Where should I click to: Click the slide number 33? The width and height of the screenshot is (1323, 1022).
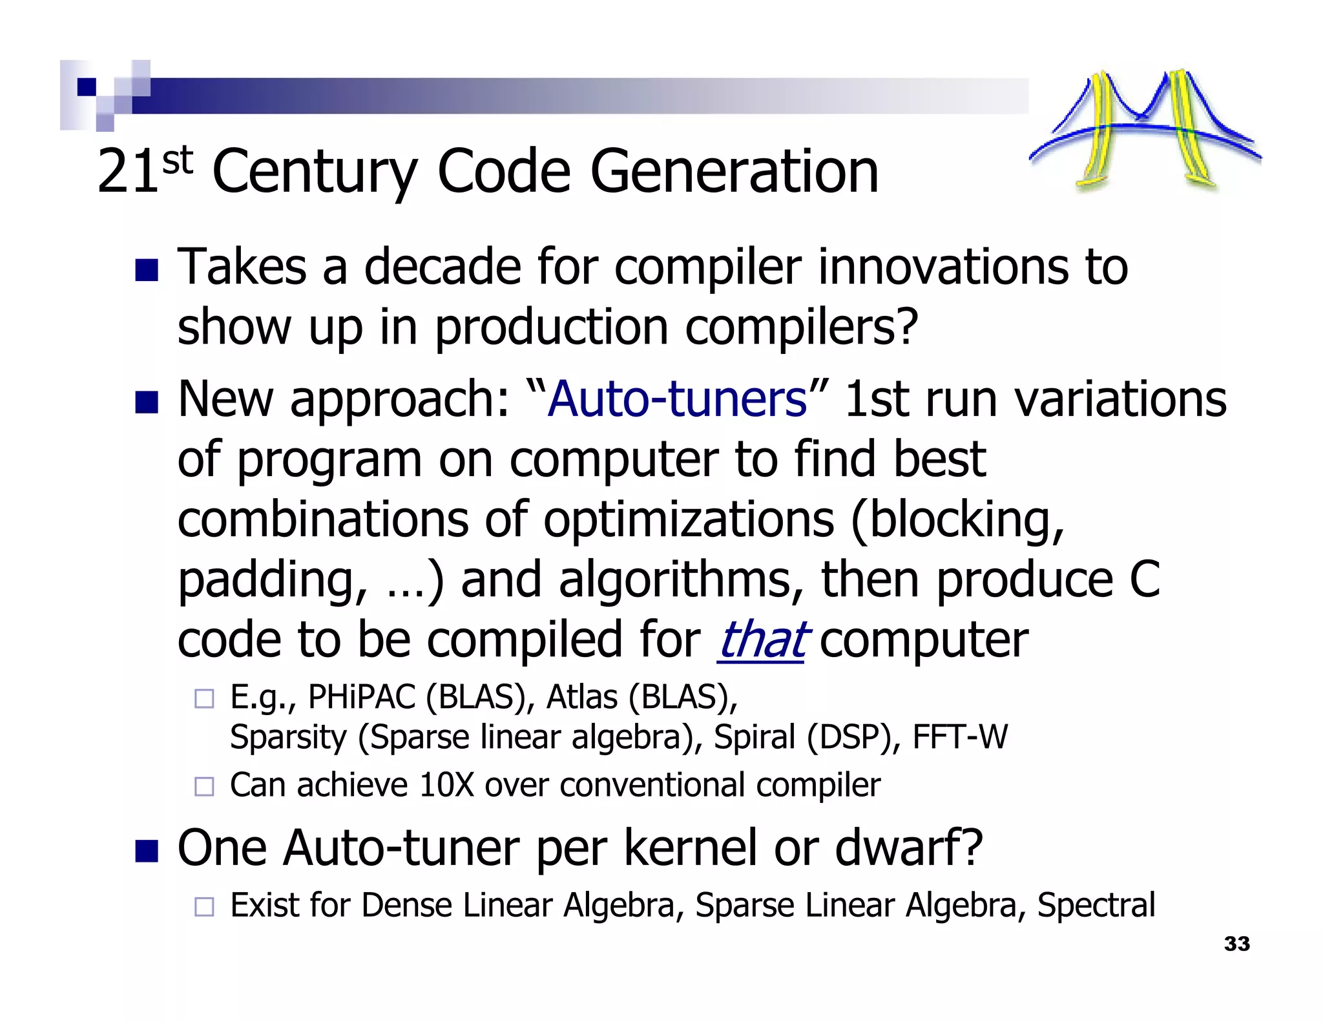coord(1236,944)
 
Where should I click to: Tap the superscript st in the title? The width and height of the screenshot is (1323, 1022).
coord(178,160)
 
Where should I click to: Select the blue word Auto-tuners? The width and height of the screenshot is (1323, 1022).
coord(677,399)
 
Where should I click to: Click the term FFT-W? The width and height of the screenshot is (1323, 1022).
coord(959,737)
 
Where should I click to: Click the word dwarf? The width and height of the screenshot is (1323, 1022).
coord(909,848)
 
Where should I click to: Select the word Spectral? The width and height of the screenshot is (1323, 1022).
coord(1096,905)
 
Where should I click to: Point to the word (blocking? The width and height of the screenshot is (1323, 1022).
coord(957,519)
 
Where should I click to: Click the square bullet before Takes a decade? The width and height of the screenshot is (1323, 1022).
coord(147,270)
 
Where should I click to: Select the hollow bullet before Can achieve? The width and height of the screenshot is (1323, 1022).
coord(204,786)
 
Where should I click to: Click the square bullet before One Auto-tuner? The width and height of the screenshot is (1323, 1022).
coord(147,851)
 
